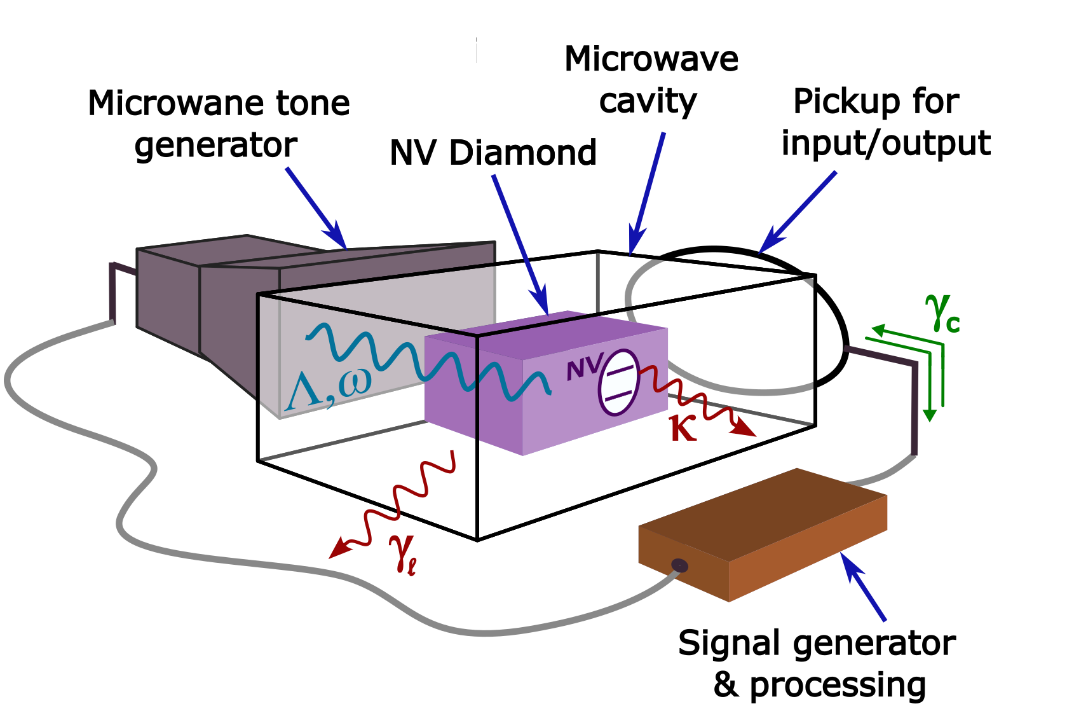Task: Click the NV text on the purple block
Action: point(583,368)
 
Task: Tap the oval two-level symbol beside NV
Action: point(618,382)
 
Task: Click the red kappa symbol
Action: point(683,429)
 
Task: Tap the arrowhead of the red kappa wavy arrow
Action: point(744,429)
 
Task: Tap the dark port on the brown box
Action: point(679,565)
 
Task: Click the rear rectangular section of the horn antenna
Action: point(168,293)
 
